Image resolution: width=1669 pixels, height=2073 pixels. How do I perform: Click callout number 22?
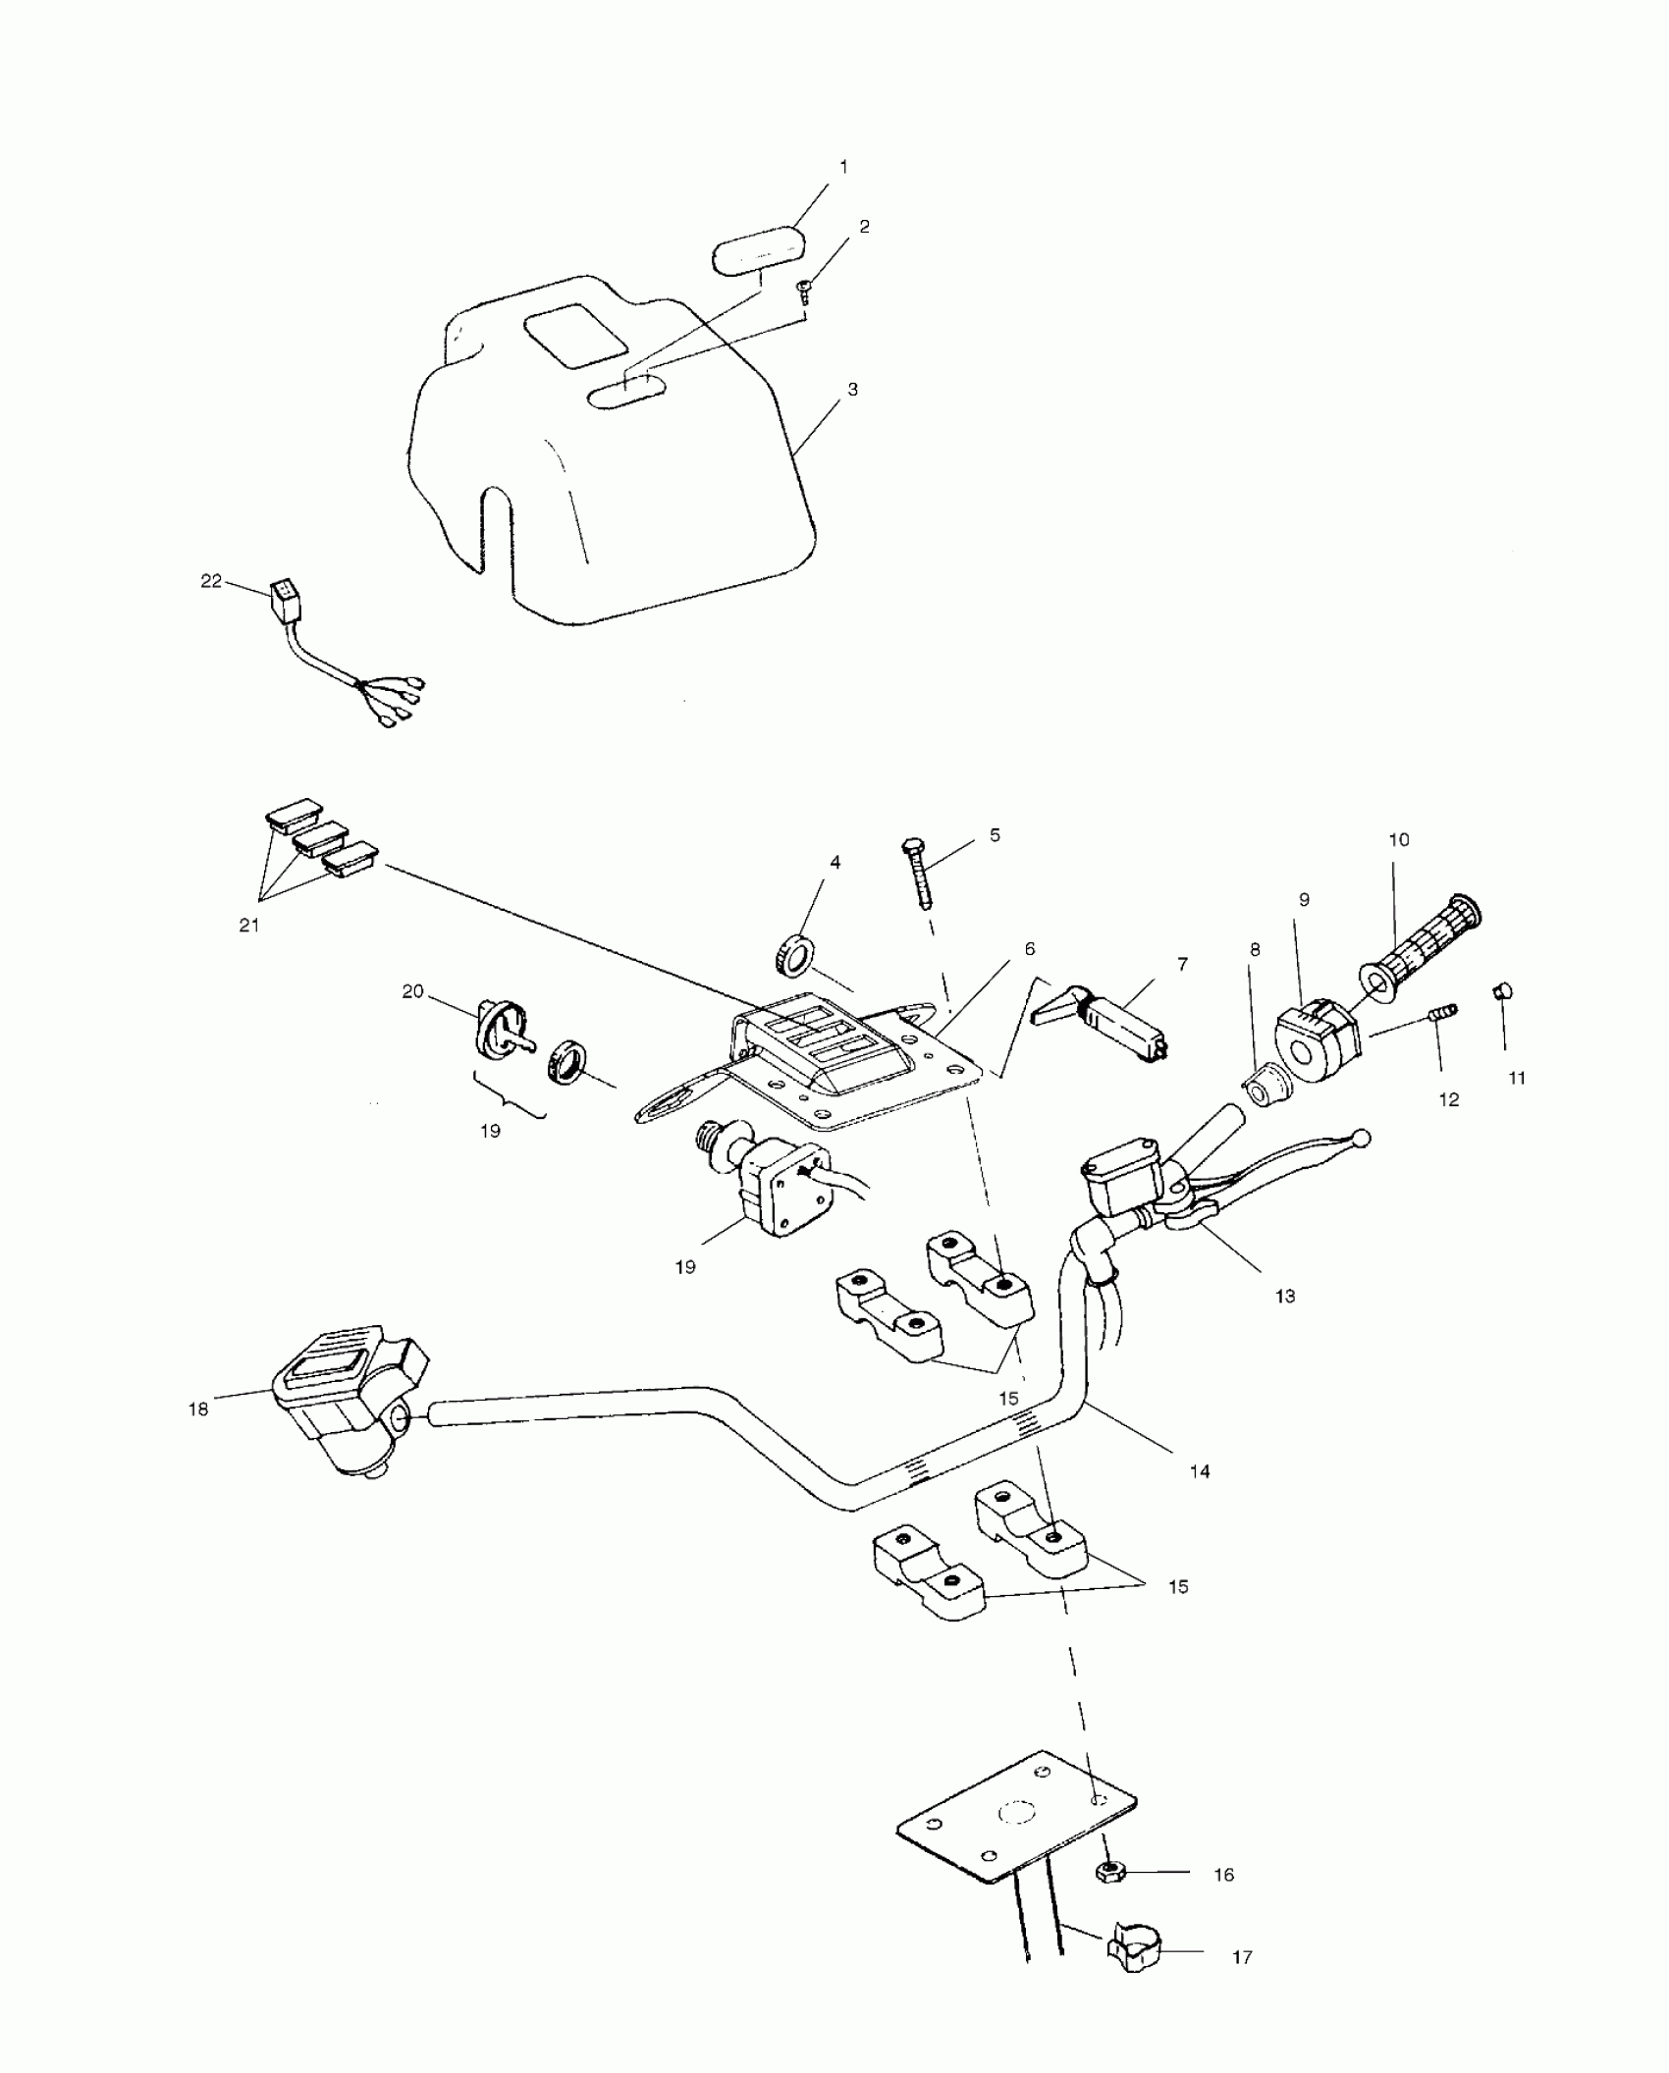210,581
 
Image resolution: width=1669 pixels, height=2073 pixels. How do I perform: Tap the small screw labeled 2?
803,289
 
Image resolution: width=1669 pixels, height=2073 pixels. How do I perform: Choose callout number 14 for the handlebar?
1200,1498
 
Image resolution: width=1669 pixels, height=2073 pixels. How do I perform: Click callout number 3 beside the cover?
852,390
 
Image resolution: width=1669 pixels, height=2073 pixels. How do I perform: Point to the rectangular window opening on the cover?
576,334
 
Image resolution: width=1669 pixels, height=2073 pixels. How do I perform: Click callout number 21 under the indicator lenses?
249,925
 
